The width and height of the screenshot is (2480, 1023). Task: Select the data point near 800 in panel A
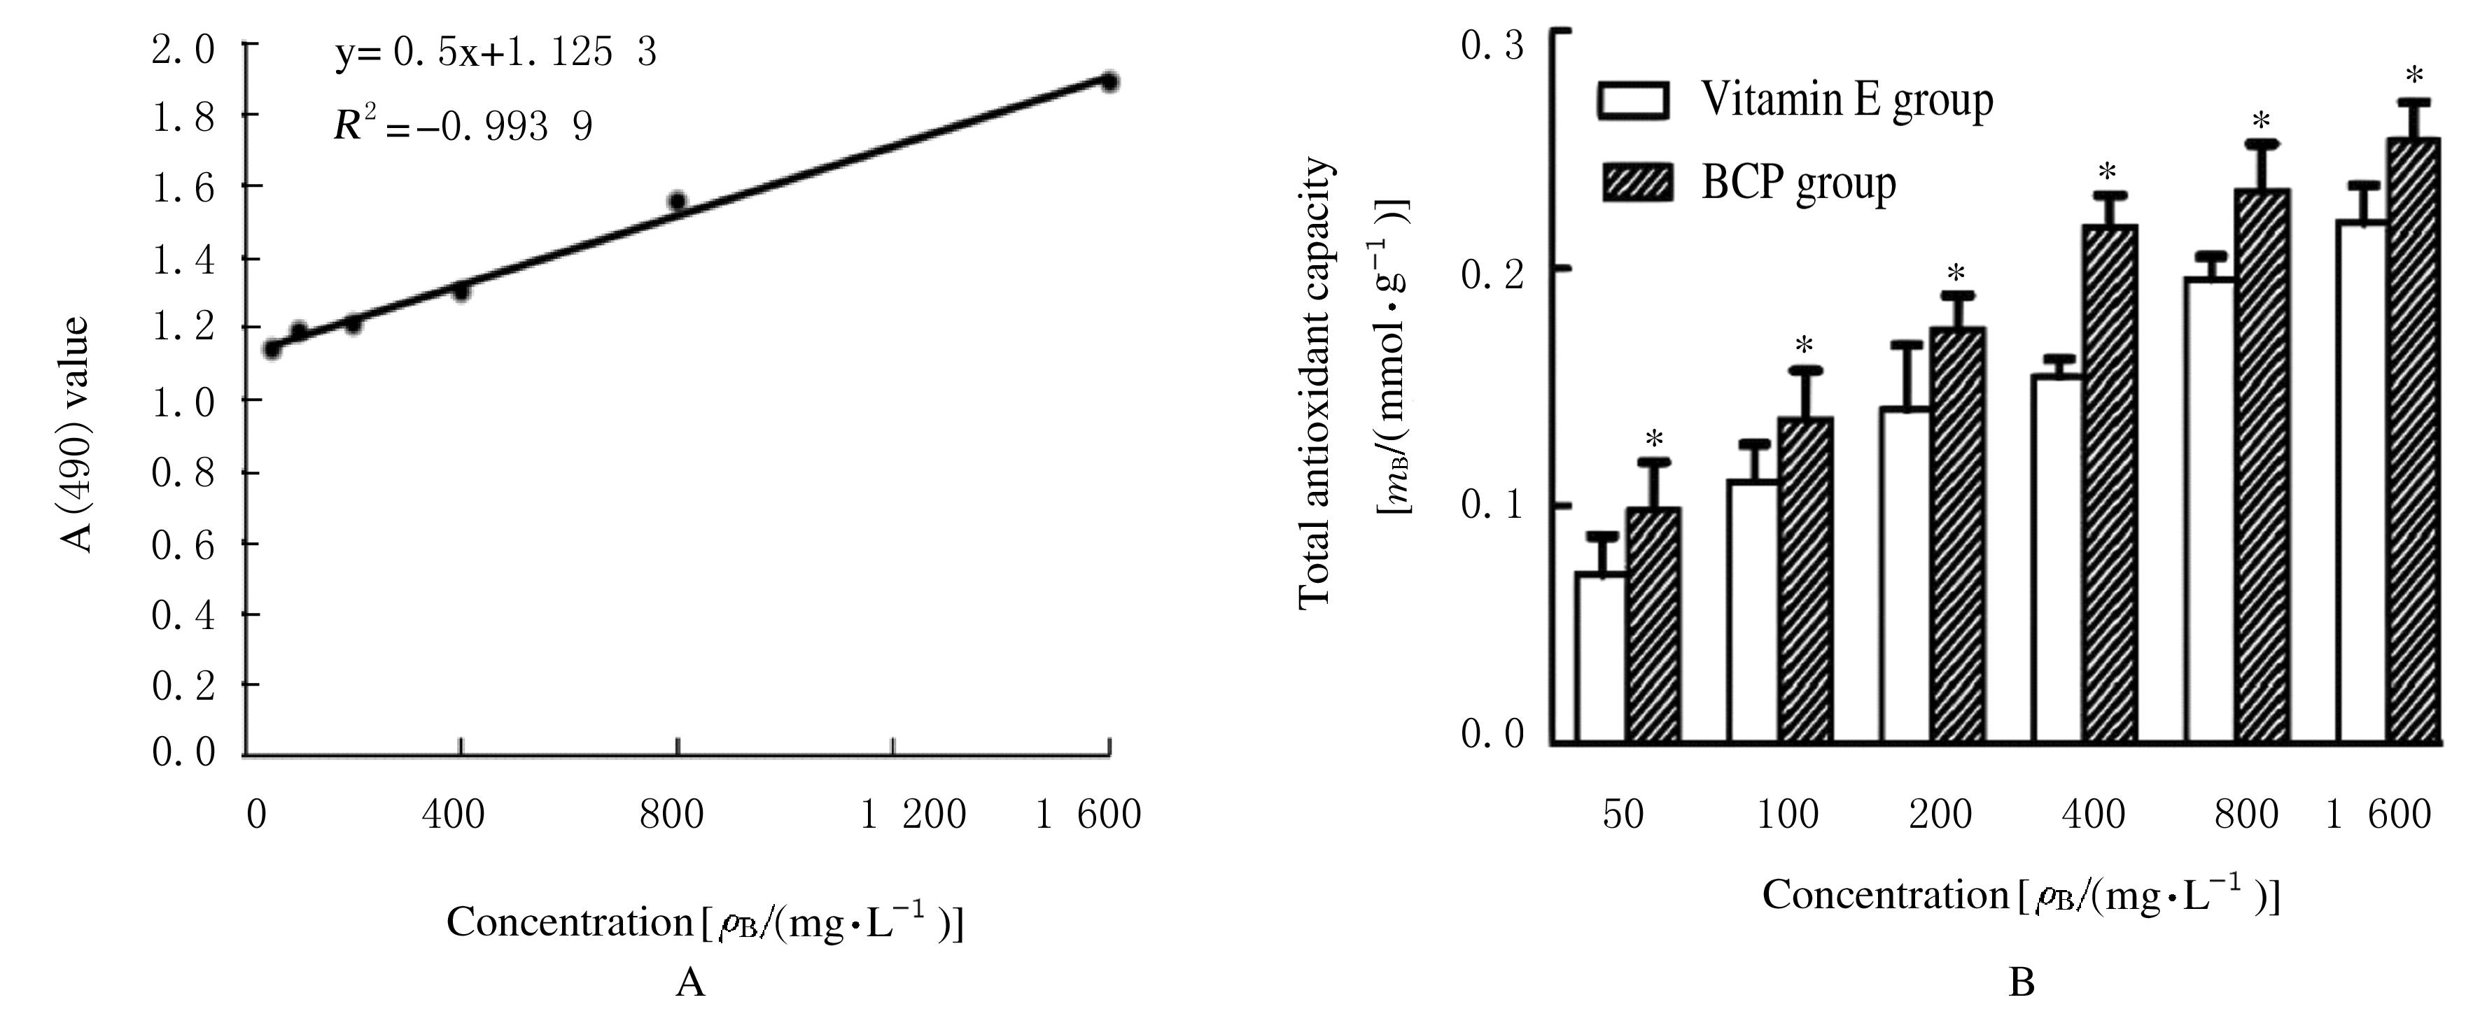point(677,201)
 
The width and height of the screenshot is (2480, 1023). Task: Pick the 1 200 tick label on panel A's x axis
point(913,814)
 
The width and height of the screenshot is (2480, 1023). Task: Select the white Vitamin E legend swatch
point(1633,100)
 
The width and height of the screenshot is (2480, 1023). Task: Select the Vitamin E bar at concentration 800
point(2211,510)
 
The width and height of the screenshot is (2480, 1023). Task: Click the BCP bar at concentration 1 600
point(2414,440)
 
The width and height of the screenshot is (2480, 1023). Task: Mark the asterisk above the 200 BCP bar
point(1955,274)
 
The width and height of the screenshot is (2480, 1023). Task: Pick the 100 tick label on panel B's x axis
point(1788,815)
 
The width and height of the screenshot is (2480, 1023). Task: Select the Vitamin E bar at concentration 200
point(1905,574)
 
